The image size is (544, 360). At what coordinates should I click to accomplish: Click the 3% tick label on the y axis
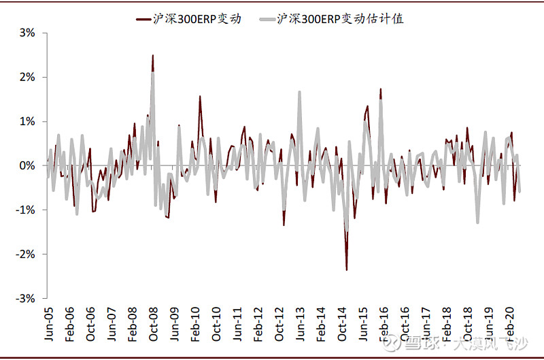(x=27, y=33)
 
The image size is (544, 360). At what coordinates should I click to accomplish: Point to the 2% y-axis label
(x=27, y=77)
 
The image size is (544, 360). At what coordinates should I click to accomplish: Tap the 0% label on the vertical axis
(x=27, y=165)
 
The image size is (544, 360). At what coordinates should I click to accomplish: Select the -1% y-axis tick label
(x=25, y=210)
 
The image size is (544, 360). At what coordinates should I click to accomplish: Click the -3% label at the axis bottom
(x=25, y=298)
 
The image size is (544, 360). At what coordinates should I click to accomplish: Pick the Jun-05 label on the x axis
(x=48, y=324)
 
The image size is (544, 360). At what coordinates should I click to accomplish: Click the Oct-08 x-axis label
(x=153, y=324)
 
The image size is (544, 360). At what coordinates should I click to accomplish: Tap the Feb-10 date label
(x=195, y=324)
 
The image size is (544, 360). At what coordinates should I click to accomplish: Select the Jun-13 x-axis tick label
(x=299, y=324)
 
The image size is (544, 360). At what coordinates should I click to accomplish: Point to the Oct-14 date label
(x=342, y=324)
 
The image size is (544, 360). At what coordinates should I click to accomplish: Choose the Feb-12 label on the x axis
(x=258, y=324)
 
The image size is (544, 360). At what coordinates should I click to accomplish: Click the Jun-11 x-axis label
(x=237, y=324)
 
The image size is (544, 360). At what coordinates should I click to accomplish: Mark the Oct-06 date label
(x=90, y=324)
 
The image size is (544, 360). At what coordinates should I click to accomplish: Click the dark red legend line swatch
(x=143, y=19)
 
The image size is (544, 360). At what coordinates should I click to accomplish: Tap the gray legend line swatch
(x=267, y=19)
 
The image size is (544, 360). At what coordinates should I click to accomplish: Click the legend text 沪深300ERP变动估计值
(x=340, y=19)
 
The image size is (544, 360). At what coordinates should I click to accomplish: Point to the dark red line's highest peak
(x=152, y=55)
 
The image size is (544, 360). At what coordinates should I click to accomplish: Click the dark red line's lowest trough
(x=347, y=269)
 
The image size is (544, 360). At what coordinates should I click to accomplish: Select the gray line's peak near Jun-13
(x=299, y=92)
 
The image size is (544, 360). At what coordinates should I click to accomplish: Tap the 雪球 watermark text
(x=420, y=343)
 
